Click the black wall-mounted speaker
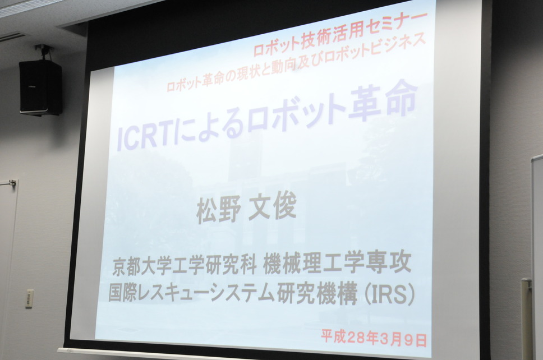tap(40, 87)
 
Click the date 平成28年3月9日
tap(374, 338)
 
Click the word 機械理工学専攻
tap(337, 262)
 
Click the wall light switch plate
tap(30, 298)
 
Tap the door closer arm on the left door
tap(8, 183)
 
